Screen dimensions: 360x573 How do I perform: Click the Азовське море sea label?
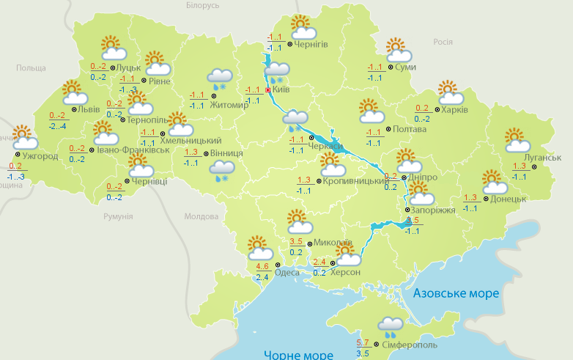point(456,293)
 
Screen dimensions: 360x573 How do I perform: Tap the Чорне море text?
point(297,355)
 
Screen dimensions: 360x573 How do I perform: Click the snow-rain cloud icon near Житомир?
point(220,78)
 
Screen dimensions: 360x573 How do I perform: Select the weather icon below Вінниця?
point(220,172)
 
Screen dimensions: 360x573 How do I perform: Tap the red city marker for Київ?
point(268,90)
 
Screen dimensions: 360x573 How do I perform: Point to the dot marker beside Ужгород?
point(17,155)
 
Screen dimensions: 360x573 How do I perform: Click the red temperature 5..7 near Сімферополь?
point(363,343)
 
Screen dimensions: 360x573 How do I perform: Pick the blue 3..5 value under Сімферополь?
point(363,353)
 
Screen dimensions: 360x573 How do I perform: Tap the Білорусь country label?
point(202,6)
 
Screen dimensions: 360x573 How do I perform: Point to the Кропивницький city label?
point(356,181)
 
